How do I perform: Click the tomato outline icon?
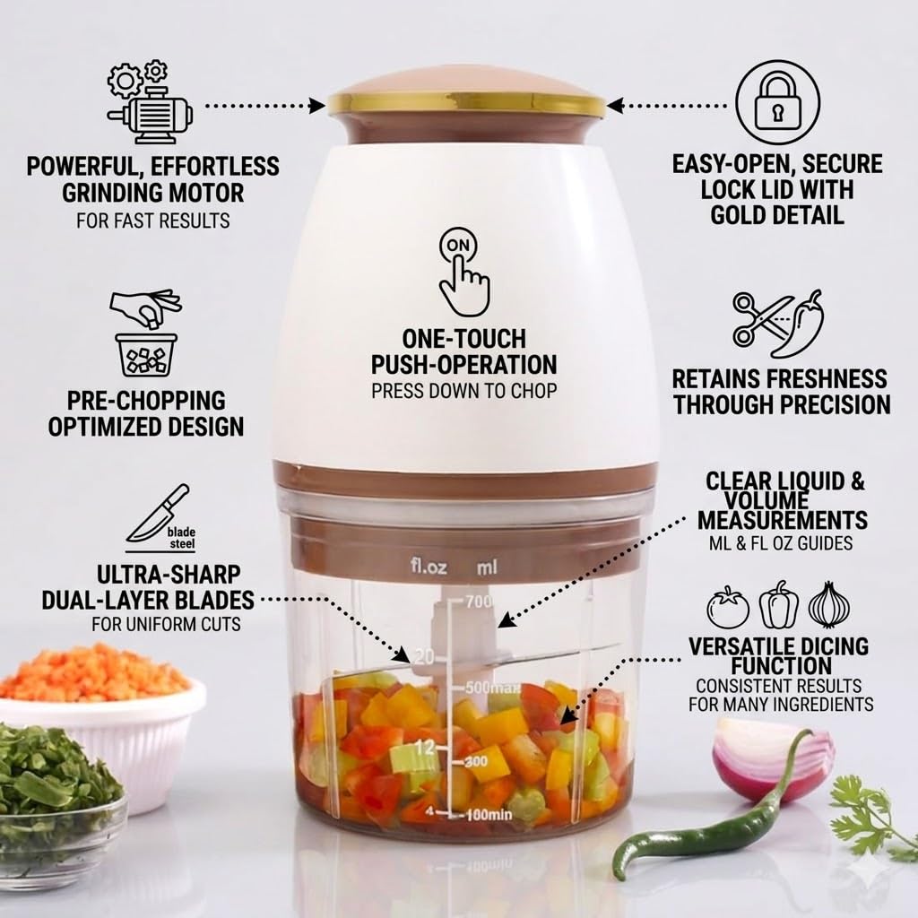click(x=728, y=607)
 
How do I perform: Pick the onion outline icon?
click(x=829, y=605)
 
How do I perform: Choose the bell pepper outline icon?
click(x=779, y=605)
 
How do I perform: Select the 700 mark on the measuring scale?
click(x=478, y=602)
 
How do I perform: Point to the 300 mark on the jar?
click(x=475, y=762)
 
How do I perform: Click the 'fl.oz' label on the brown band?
click(x=429, y=567)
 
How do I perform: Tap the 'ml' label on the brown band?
click(x=487, y=567)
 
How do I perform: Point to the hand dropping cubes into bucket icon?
click(x=146, y=333)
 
